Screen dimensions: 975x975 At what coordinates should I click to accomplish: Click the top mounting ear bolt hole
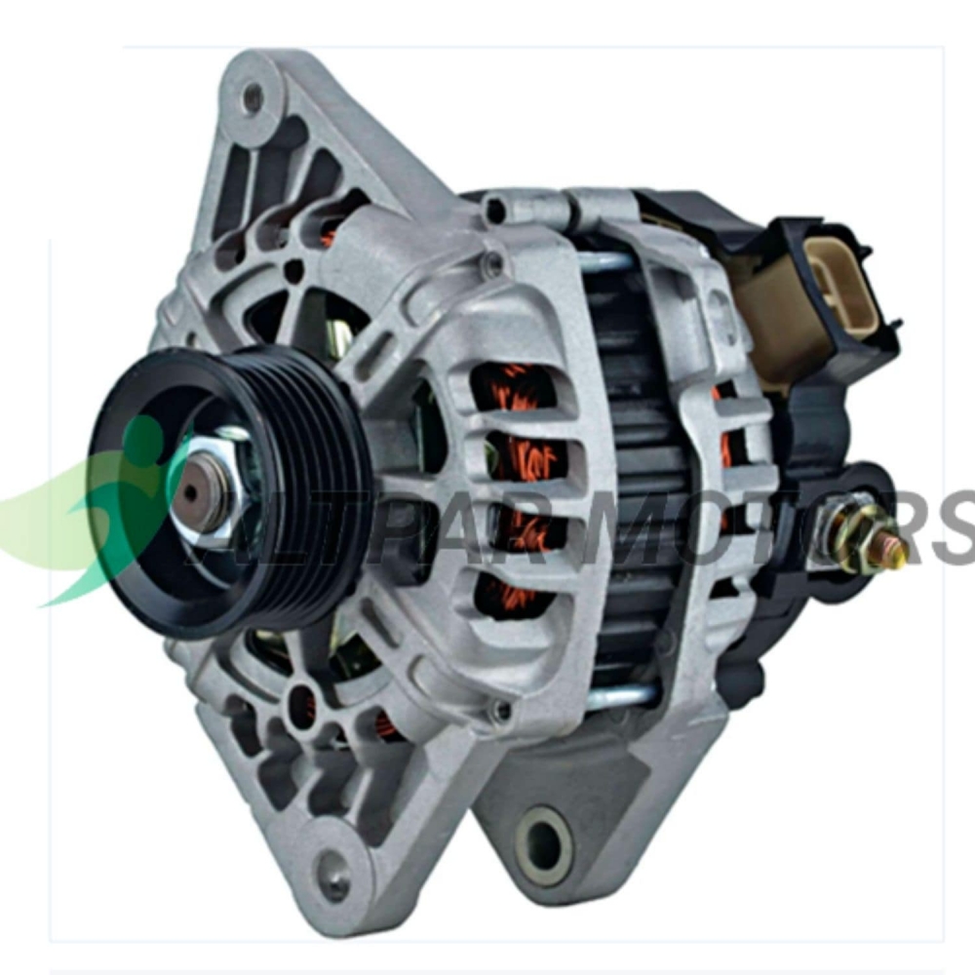[x=253, y=97]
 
